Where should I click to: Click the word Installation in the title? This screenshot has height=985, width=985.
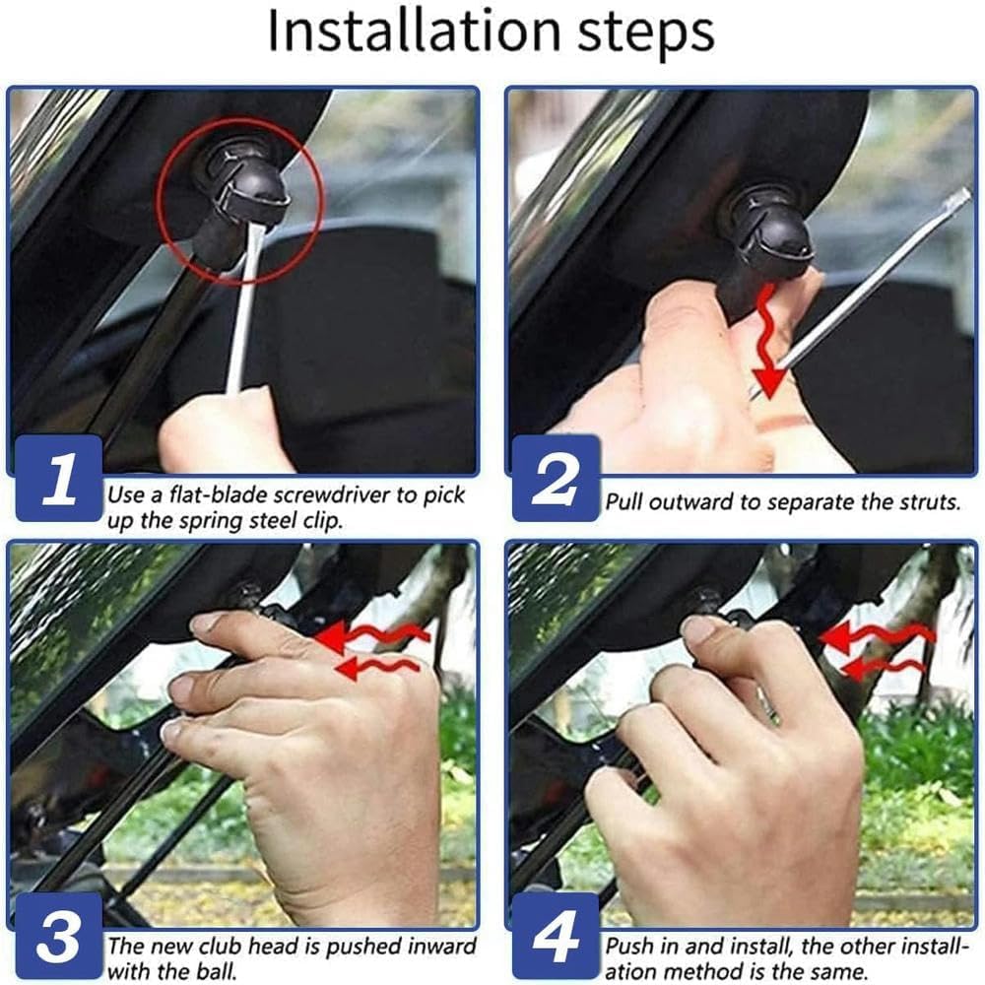[x=414, y=31]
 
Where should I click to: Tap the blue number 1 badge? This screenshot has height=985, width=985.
[x=59, y=479]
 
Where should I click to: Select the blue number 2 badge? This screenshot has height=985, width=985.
[x=556, y=479]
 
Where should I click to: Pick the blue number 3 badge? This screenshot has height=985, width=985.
[x=59, y=936]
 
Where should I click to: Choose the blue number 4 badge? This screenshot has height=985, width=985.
[x=556, y=936]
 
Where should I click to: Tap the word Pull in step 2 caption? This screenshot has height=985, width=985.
[x=624, y=502]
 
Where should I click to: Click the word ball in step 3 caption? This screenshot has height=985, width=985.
[x=218, y=971]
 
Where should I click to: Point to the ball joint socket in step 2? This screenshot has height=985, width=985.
[x=769, y=233]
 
